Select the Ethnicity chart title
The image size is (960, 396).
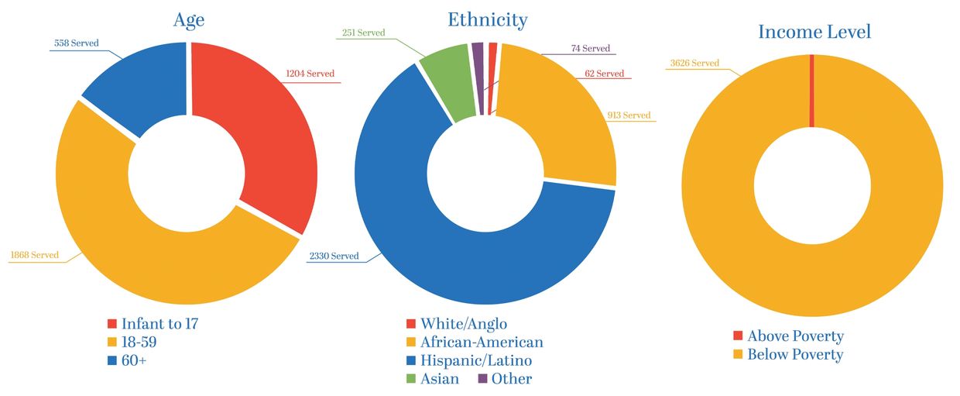pyautogui.click(x=487, y=19)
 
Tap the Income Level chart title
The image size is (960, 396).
pyautogui.click(x=814, y=32)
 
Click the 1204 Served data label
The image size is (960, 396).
pyautogui.click(x=310, y=74)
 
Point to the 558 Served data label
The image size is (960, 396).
pyautogui.click(x=77, y=43)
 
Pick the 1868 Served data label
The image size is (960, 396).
pyautogui.click(x=34, y=255)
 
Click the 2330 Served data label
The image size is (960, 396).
pyautogui.click(x=333, y=256)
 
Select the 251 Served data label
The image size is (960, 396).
pyautogui.click(x=363, y=33)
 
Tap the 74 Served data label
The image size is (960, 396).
pyautogui.click(x=591, y=48)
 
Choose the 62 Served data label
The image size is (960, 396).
pyautogui.click(x=604, y=74)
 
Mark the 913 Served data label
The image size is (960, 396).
pyautogui.click(x=629, y=115)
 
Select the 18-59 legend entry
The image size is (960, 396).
pyautogui.click(x=137, y=342)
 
